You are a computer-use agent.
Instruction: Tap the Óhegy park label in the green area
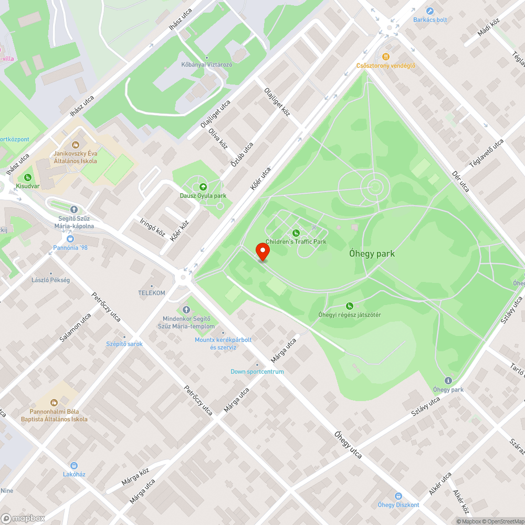(372, 254)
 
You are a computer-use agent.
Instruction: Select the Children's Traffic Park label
(296, 241)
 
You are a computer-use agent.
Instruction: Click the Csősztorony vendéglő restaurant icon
(386, 57)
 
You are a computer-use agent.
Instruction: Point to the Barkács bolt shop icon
(430, 11)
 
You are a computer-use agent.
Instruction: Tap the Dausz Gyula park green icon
(203, 187)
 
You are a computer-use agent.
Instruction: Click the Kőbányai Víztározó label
(206, 64)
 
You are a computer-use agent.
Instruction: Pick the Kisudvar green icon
(27, 177)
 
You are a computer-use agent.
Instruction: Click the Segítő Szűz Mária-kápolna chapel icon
(73, 209)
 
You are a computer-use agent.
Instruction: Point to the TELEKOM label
(151, 293)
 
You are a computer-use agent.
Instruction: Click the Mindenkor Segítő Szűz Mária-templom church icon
(186, 310)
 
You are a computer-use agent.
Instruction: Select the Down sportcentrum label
(257, 372)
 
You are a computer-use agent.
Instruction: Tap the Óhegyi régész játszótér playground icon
(350, 306)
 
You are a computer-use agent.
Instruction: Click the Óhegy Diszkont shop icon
(398, 496)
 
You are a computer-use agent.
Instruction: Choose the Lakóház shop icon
(74, 465)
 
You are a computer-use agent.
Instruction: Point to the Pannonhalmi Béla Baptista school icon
(54, 402)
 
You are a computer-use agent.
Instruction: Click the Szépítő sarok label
(124, 344)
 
